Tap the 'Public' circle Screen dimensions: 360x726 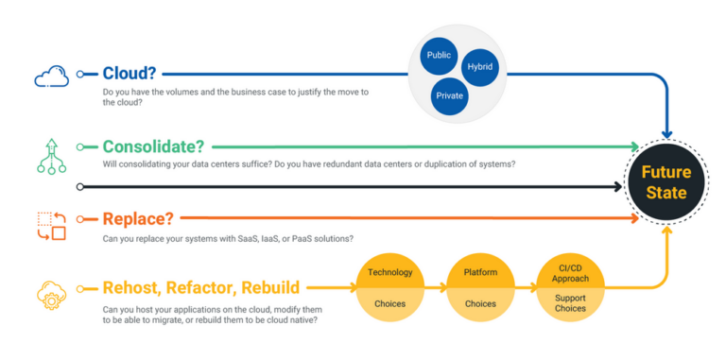440,55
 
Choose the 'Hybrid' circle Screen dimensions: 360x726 479,67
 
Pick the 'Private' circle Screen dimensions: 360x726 450,94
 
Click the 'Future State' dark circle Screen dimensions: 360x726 665,182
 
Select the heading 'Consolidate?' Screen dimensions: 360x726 156,146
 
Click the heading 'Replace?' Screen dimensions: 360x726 138,218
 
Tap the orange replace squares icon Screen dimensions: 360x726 52,226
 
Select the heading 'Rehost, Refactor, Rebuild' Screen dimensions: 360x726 201,287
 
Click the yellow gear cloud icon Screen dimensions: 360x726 52,294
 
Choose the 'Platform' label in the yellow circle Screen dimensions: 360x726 480,272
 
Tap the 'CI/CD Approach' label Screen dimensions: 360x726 569,272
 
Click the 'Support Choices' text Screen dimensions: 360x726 569,302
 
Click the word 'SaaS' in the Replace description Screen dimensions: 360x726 259,238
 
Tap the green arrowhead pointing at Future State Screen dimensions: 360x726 634,147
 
